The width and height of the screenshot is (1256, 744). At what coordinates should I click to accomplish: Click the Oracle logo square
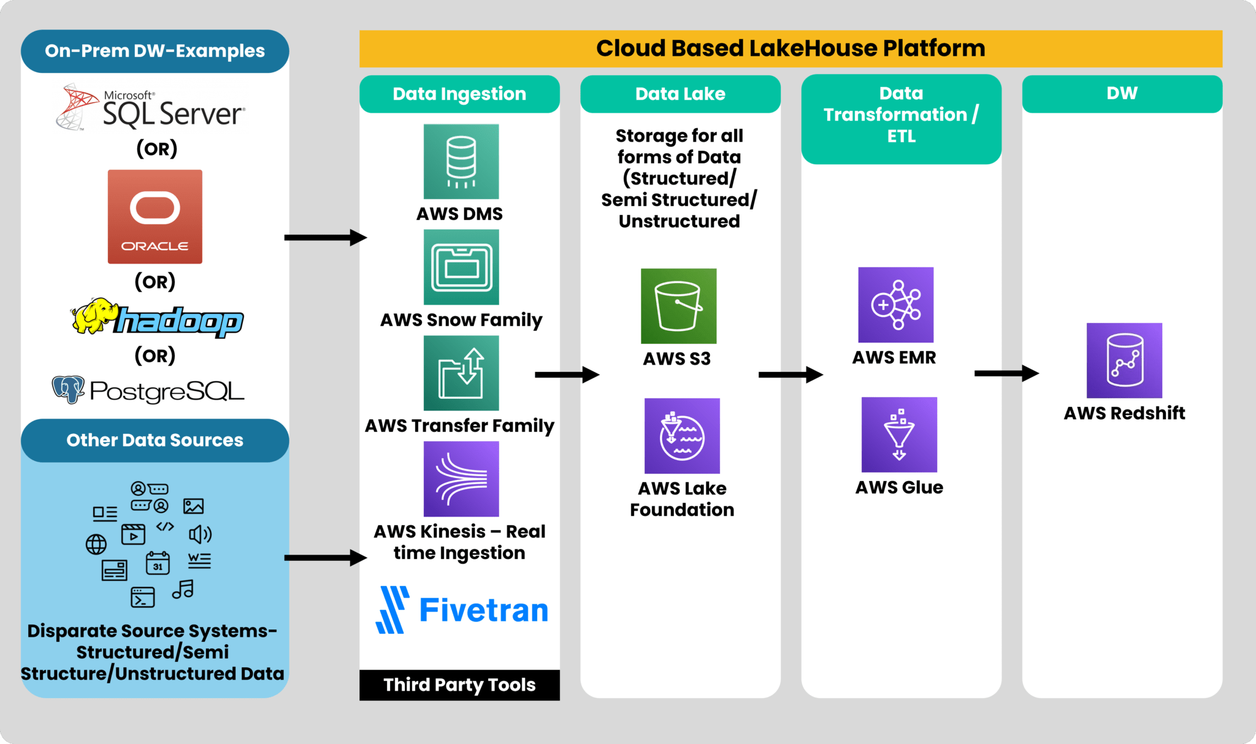pyautogui.click(x=155, y=216)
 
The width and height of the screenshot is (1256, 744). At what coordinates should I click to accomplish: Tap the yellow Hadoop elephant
pyautogui.click(x=93, y=316)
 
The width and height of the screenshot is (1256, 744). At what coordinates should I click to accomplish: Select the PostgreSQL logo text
pyautogui.click(x=166, y=391)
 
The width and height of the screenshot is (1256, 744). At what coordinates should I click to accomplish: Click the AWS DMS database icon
pyautogui.click(x=461, y=161)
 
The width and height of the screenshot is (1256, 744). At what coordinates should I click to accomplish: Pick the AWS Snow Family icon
pyautogui.click(x=461, y=267)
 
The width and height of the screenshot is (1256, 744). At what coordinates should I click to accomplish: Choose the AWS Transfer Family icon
pyautogui.click(x=461, y=373)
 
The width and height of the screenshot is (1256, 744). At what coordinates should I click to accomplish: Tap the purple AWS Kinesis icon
pyautogui.click(x=461, y=479)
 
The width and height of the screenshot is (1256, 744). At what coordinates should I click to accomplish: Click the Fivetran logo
pyautogui.click(x=462, y=610)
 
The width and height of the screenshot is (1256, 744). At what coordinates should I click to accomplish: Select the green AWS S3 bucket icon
pyautogui.click(x=678, y=306)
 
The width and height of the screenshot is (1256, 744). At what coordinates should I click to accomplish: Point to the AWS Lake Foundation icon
pyautogui.click(x=681, y=436)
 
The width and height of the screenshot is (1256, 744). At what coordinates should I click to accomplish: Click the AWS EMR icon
pyautogui.click(x=895, y=305)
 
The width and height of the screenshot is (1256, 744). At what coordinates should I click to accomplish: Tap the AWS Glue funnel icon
pyautogui.click(x=898, y=435)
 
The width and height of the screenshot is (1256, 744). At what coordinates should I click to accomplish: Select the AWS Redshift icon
pyautogui.click(x=1124, y=360)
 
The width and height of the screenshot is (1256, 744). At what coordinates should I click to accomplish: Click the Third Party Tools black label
pyautogui.click(x=459, y=685)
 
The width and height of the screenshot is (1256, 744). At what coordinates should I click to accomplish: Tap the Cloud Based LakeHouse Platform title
pyautogui.click(x=790, y=48)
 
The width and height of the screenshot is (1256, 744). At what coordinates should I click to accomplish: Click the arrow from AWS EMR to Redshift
pyautogui.click(x=1006, y=373)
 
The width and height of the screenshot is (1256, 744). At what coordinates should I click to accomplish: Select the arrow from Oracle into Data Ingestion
pyautogui.click(x=325, y=237)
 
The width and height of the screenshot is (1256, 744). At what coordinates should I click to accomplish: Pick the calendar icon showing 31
pyautogui.click(x=158, y=563)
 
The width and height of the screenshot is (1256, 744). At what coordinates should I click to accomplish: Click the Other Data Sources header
pyautogui.click(x=155, y=440)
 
